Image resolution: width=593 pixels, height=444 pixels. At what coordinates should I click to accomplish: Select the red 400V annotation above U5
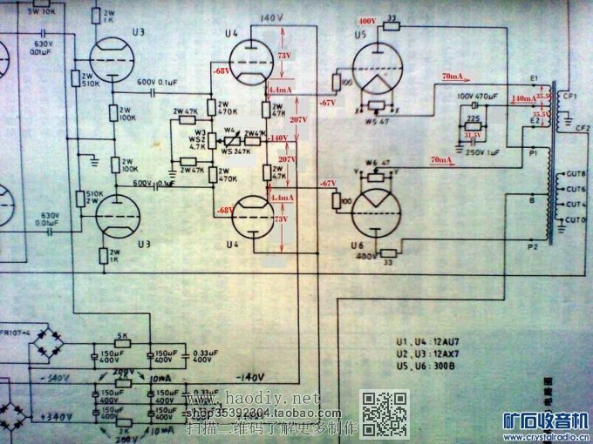click(366, 20)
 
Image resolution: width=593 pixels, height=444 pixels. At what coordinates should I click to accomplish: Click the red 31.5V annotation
click(473, 135)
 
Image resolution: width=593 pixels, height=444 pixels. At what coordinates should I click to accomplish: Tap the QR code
click(385, 414)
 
